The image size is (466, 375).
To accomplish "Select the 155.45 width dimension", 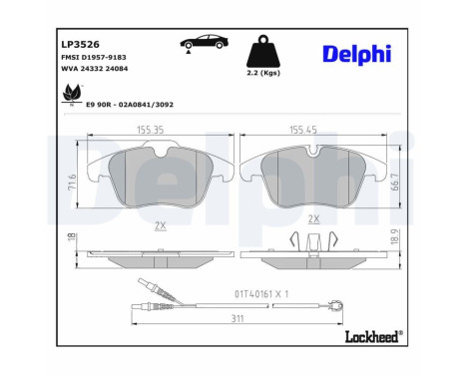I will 311,129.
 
